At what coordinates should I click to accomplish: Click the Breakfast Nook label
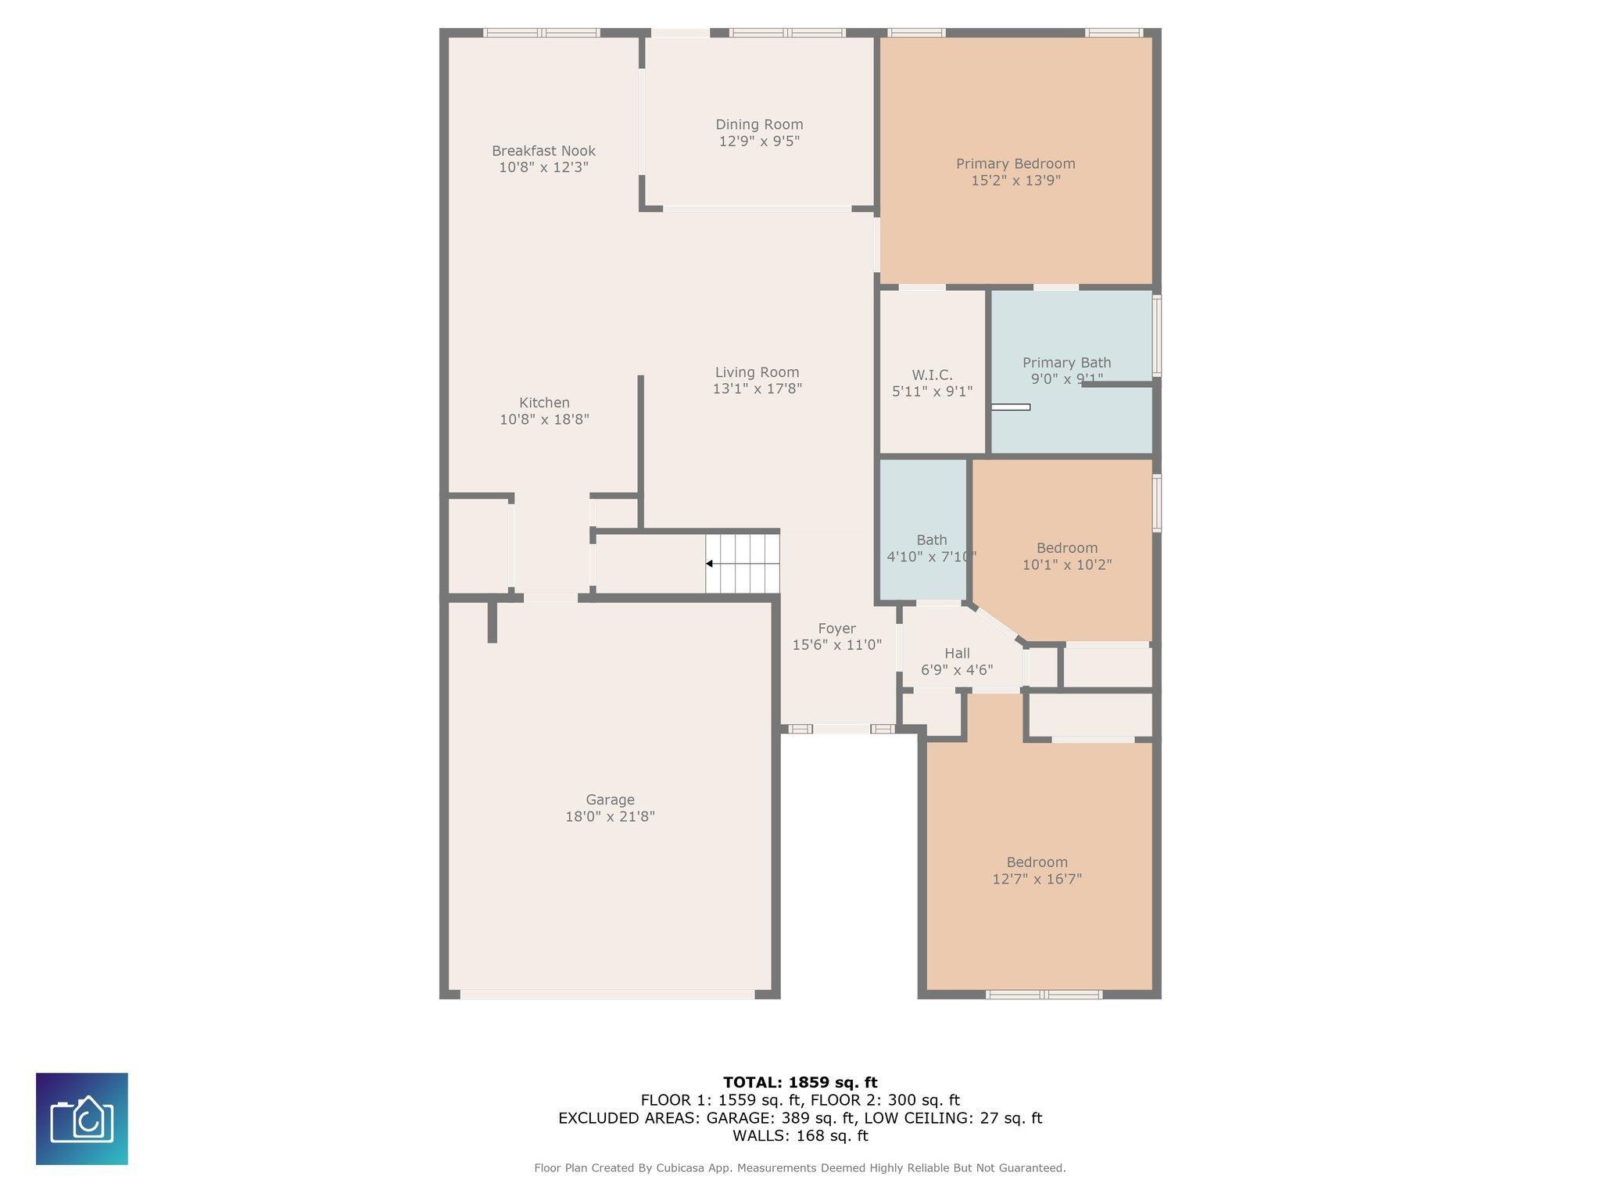[x=543, y=151]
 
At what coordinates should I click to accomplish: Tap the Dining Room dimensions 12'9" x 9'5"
[x=759, y=142]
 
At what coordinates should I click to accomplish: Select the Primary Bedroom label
[x=1015, y=163]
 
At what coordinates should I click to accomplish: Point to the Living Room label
[x=757, y=372]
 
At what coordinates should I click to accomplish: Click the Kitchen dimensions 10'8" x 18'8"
[x=544, y=420]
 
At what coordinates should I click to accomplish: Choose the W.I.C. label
[x=932, y=375]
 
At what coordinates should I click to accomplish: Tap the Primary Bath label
[x=1066, y=363]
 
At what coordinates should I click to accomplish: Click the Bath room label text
[x=931, y=540]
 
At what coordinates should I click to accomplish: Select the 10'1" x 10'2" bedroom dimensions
[x=1067, y=565]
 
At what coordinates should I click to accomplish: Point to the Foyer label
[x=836, y=629]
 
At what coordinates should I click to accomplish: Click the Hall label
[x=957, y=654]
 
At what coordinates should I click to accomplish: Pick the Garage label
[x=610, y=800]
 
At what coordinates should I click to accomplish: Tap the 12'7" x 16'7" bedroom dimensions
[x=1037, y=879]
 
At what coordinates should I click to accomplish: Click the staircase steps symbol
[x=743, y=564]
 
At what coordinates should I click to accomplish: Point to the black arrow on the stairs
[x=709, y=564]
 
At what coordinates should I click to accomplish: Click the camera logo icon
[x=82, y=1119]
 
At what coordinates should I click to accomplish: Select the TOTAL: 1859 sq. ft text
[x=800, y=1083]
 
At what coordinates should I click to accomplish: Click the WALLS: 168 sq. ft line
[x=800, y=1136]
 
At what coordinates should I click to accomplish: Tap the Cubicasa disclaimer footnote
[x=800, y=1168]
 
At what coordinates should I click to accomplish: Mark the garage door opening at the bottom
[x=607, y=995]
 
